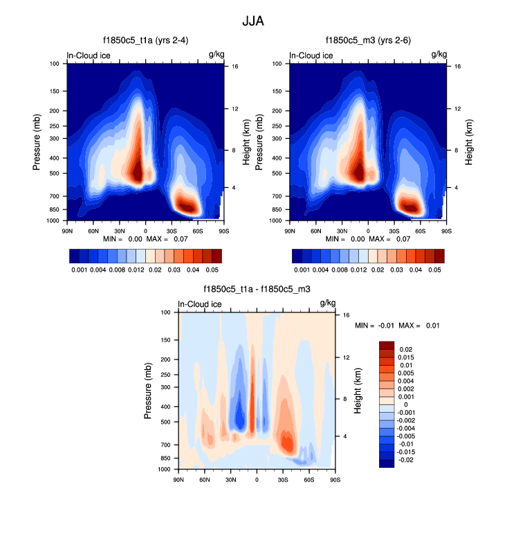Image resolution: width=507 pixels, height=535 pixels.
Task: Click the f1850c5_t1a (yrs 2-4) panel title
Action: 145,41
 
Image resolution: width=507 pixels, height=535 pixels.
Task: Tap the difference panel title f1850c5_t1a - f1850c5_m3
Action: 256,290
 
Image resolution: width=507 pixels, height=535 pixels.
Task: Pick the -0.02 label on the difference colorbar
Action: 407,459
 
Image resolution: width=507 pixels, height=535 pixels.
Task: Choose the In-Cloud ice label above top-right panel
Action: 311,55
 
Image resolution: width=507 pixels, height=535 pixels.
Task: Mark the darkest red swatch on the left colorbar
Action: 216,256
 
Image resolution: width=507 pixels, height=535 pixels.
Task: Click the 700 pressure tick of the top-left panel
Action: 55,196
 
